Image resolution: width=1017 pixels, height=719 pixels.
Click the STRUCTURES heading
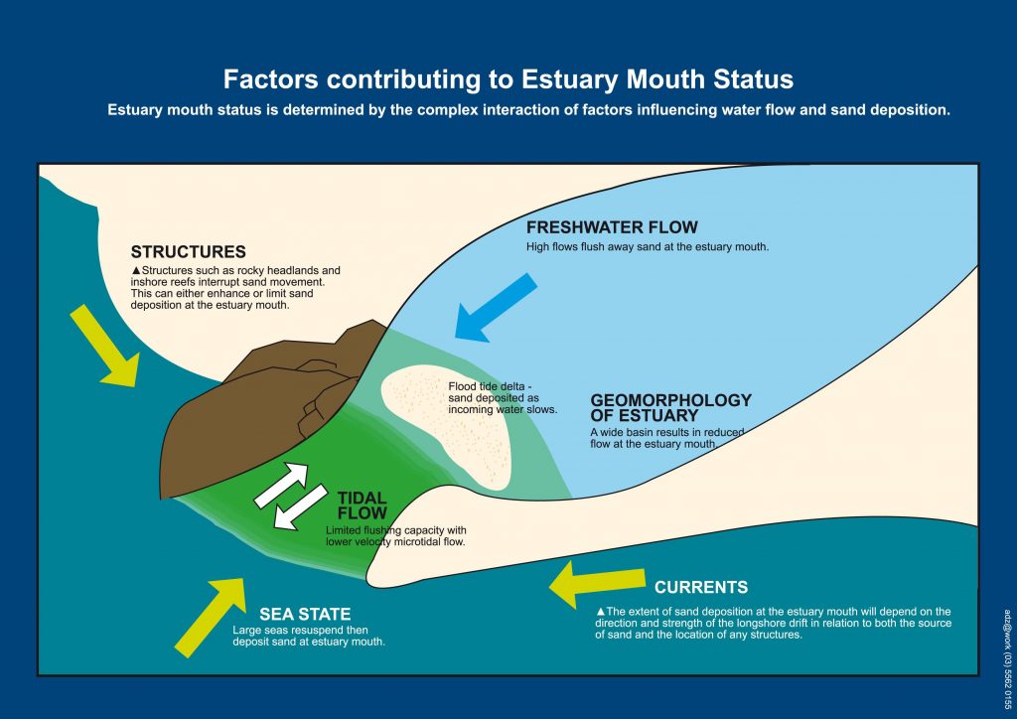click(188, 251)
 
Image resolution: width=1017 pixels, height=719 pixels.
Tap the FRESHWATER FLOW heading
click(612, 226)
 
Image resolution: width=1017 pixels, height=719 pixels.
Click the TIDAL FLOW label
click(362, 505)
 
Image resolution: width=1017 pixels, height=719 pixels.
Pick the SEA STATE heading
click(305, 614)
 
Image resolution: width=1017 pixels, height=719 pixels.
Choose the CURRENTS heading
click(701, 587)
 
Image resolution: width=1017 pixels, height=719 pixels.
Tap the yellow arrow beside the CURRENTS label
click(597, 583)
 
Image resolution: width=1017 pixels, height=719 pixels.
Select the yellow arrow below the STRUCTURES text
click(105, 347)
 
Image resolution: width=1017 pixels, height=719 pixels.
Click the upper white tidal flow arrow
click(281, 485)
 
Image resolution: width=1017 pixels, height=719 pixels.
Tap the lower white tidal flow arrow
click(300, 507)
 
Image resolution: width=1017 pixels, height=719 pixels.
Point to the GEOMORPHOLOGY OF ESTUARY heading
click(670, 408)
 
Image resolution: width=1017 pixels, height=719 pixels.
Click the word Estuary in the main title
click(569, 79)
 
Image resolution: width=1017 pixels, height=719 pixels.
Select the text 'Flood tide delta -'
click(490, 386)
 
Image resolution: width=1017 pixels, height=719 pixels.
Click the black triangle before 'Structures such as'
click(135, 270)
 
